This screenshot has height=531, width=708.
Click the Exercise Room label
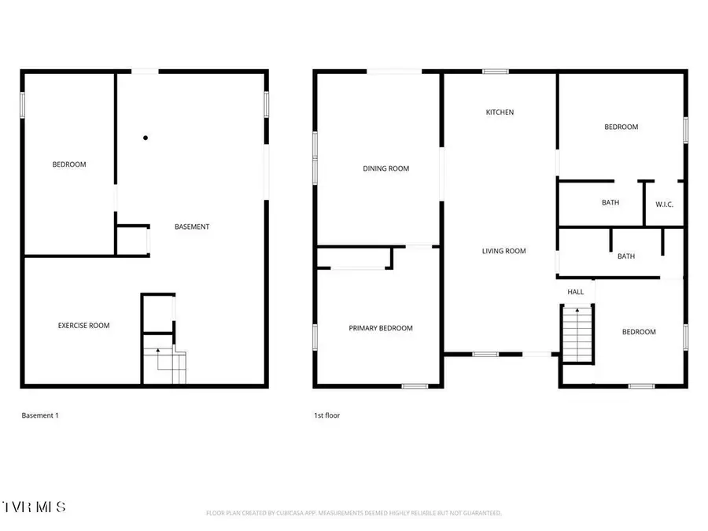tap(83, 325)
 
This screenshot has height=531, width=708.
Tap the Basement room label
tap(192, 227)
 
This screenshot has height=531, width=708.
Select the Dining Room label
tap(385, 168)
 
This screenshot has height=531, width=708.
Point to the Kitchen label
tap(500, 112)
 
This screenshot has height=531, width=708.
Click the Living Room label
tap(503, 251)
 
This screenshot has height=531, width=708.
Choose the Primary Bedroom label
tap(381, 328)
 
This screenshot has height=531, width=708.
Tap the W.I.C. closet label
tap(665, 205)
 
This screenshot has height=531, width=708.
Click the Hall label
tap(576, 293)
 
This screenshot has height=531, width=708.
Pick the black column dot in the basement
tap(146, 138)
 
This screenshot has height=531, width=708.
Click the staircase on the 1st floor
tap(577, 334)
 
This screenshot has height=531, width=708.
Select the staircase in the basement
tap(165, 363)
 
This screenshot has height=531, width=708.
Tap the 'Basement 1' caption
tap(40, 415)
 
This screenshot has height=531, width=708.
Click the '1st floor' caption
tap(326, 415)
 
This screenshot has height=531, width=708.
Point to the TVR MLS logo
tap(34, 505)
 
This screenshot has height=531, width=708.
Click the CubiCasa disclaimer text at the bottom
tap(353, 513)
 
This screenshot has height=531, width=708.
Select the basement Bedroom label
tap(69, 164)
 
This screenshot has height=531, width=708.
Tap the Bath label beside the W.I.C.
tap(610, 202)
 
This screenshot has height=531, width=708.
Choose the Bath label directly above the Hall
tap(626, 256)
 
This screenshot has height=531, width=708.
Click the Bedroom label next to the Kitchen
tap(621, 127)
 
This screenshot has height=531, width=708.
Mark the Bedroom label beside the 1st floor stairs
tap(639, 332)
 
